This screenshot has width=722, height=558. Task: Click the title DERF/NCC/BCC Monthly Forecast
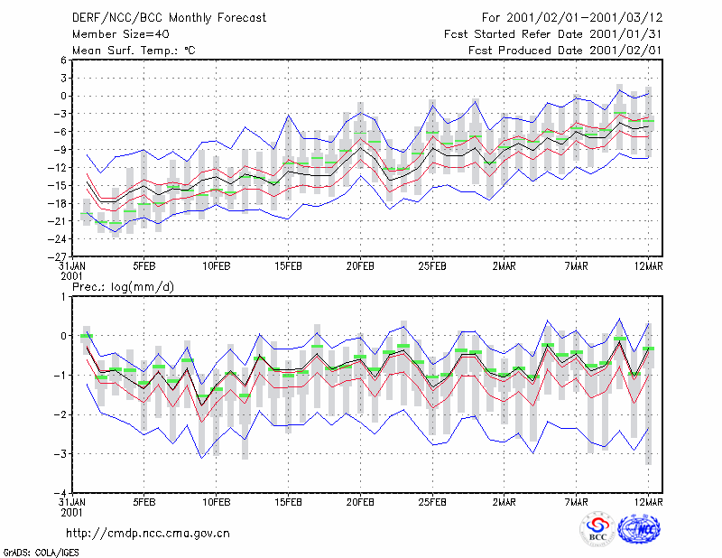pyautogui.click(x=169, y=18)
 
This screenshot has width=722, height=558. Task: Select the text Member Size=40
pyautogui.click(x=121, y=34)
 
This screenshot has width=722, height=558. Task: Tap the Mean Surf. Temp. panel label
pyautogui.click(x=134, y=51)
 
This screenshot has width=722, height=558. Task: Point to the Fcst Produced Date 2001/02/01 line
pyautogui.click(x=565, y=51)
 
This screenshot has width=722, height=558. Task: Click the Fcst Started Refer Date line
pyautogui.click(x=553, y=34)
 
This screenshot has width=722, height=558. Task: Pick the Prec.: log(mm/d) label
pyautogui.click(x=123, y=287)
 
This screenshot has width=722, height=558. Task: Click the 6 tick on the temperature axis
pyautogui.click(x=63, y=60)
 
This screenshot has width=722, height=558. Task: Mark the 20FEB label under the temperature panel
pyautogui.click(x=360, y=266)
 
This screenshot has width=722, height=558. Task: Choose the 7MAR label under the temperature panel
pyautogui.click(x=576, y=266)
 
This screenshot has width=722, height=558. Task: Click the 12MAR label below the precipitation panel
pyautogui.click(x=648, y=502)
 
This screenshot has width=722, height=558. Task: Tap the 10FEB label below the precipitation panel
pyautogui.click(x=217, y=502)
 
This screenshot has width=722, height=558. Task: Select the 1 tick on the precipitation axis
pyautogui.click(x=63, y=297)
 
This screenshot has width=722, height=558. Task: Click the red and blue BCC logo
pyautogui.click(x=597, y=529)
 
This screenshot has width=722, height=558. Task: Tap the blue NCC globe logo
pyautogui.click(x=640, y=529)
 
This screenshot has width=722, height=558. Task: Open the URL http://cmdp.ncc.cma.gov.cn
pyautogui.click(x=148, y=534)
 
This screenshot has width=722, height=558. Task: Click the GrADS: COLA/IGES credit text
pyautogui.click(x=41, y=553)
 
